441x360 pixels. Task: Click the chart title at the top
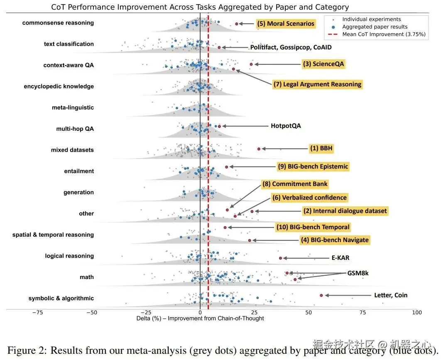(200, 7)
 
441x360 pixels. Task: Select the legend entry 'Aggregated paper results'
(375, 27)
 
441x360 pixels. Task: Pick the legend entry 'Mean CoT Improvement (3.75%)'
(384, 34)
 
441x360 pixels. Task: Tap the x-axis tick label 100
(416, 313)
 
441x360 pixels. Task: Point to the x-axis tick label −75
(37, 313)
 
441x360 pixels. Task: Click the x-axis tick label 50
(309, 313)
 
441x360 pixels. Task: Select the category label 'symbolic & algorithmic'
(61, 298)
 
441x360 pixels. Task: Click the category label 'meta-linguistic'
(73, 108)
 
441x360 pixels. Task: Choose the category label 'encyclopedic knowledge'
(59, 86)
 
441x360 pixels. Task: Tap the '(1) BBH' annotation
(321, 148)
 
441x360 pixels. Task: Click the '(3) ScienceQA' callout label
(323, 64)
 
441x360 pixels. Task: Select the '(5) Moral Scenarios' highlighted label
(285, 24)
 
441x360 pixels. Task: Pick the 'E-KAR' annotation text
(341, 258)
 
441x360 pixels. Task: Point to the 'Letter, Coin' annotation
(391, 295)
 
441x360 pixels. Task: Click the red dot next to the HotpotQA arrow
(219, 126)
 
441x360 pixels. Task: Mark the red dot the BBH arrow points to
(259, 149)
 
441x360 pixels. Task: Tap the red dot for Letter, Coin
(321, 295)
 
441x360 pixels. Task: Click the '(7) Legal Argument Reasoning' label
(317, 84)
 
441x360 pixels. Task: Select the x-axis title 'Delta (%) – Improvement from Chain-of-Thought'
(200, 318)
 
